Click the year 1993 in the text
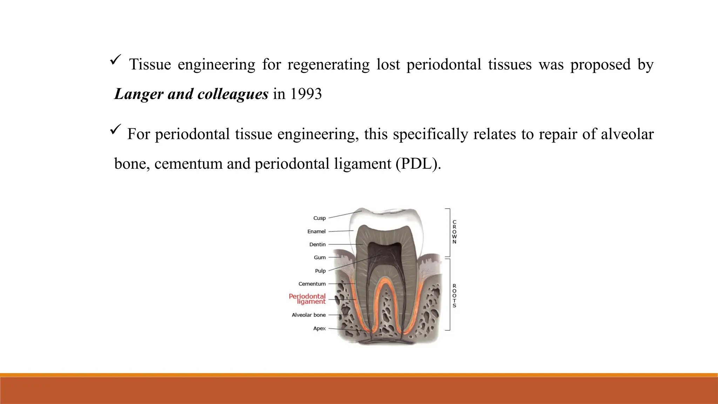(306, 94)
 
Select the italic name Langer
(139, 94)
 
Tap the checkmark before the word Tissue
(115, 60)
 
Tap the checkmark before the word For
(115, 129)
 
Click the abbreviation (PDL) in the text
(418, 164)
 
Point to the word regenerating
(328, 65)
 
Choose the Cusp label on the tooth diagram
(319, 218)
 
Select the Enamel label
(316, 231)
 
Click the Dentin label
(317, 244)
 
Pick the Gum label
(319, 257)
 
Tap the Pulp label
(320, 271)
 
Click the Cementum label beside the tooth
(312, 284)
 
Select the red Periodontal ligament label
(307, 299)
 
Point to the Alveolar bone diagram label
(309, 315)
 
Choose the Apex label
(319, 328)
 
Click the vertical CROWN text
(454, 232)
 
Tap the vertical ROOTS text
(454, 296)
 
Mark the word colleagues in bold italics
(233, 94)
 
